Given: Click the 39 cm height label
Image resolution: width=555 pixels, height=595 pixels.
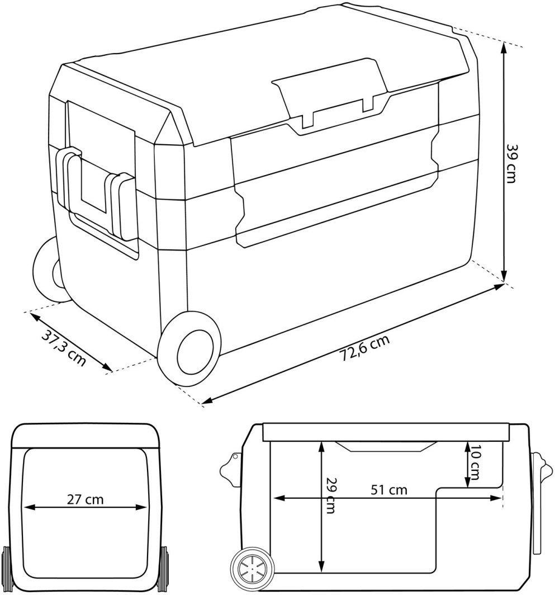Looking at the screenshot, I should (x=513, y=163).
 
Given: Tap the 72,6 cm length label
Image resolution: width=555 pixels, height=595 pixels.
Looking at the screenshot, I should (x=363, y=350).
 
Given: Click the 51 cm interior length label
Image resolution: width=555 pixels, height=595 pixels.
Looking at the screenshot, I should (x=390, y=490).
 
